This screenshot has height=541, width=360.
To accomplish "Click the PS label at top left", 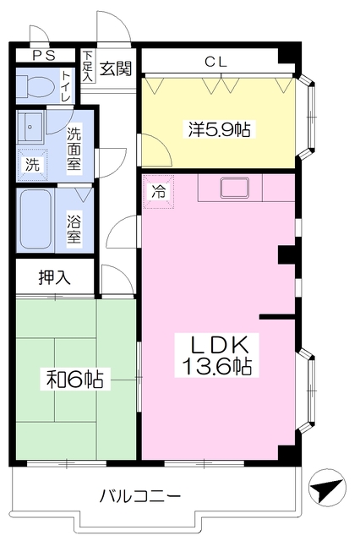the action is coord(44,56).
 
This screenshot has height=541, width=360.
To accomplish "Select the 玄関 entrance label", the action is coord(116,68).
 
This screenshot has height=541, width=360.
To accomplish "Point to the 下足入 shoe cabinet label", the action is coord(88,66).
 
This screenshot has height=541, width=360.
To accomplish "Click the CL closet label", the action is coord(216,62).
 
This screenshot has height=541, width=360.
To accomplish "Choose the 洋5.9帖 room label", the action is coord(220,129).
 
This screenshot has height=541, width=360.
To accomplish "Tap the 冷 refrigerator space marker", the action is coord(159,192).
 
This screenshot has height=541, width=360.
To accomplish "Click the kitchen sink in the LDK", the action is coord(235,188).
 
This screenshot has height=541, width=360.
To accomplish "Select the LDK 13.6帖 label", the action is coord(216,355).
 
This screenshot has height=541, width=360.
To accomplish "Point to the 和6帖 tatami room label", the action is coord(75,379).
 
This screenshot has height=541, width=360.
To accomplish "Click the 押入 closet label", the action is coord(54,276).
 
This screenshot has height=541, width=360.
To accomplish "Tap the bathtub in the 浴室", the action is coord(35,220).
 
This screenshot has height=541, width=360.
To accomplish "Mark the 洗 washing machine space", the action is coord(32,165).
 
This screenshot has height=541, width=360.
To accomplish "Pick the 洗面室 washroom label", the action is coord(74,149).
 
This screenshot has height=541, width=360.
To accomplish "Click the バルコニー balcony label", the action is coord(140,496).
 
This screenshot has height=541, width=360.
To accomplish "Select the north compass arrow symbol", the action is coord(326,488).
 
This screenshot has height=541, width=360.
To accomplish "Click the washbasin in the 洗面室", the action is coord(30,127).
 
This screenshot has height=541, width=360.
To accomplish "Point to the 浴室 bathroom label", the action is coord(74,227).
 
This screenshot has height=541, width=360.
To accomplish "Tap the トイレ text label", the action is coord(66,86).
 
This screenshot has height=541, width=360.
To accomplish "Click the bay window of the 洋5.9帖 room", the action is coord(307,117).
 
